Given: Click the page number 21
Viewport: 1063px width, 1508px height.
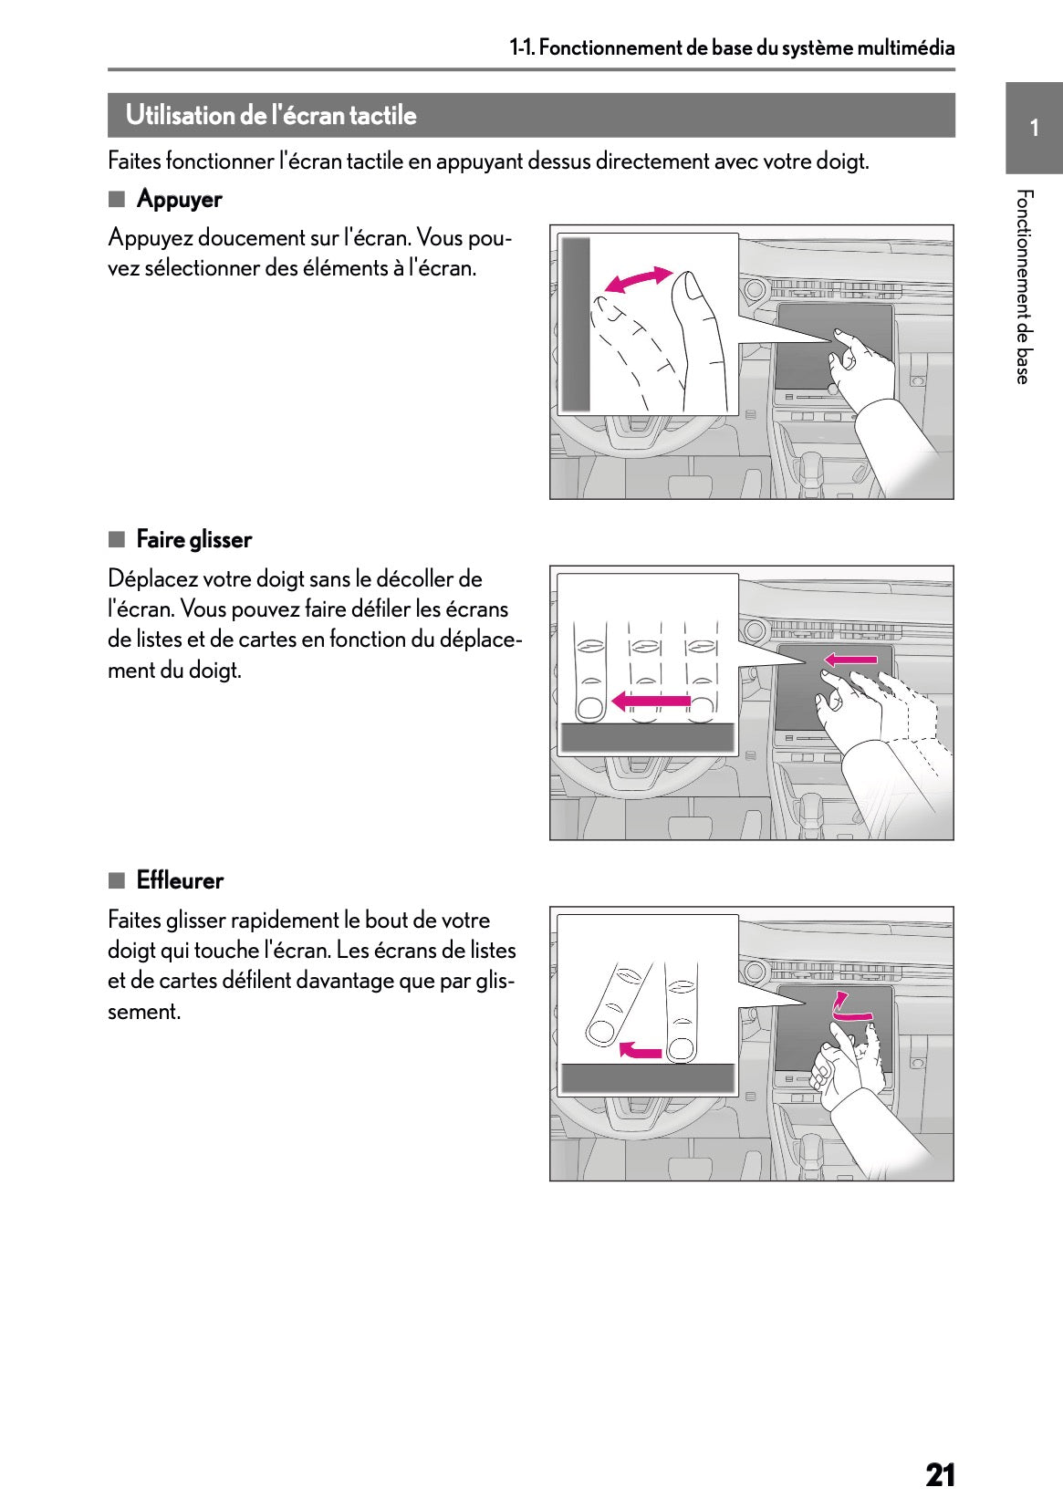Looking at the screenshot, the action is coord(940,1475).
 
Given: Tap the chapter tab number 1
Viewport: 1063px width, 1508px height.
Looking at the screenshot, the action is coord(1034,128).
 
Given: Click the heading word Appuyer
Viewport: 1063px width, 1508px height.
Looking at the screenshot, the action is coord(179,200).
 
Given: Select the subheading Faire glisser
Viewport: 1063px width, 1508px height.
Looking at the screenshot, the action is coord(193,539).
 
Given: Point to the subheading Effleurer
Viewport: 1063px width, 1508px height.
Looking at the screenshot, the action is coord(180,879).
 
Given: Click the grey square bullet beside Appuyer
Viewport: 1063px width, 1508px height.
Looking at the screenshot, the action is coord(117,199).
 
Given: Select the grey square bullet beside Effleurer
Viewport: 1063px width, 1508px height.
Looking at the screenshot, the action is coord(117,880).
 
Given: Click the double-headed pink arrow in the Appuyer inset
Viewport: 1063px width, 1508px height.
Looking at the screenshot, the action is coord(638,279).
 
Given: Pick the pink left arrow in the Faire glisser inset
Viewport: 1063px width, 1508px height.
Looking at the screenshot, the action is coord(651,702).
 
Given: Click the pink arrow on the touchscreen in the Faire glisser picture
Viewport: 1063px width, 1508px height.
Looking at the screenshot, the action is coord(850,660).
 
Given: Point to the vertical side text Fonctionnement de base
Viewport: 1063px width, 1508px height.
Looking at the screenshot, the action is coord(1023,286).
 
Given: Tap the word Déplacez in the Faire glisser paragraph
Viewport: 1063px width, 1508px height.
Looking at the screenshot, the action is coord(152,579).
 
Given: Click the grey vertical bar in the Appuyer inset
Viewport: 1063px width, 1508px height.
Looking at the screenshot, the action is coord(575,324).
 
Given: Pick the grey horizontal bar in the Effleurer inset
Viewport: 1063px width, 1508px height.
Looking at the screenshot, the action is coord(648,1078).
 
